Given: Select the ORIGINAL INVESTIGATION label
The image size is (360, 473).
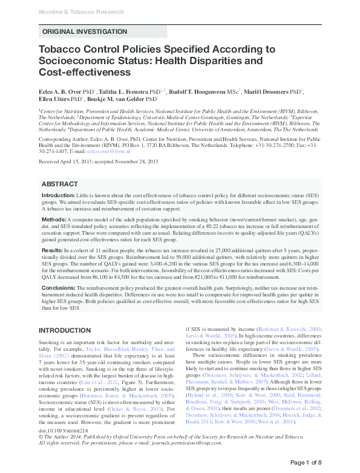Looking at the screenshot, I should click(84, 31).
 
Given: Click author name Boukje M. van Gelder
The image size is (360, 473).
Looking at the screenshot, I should click(117, 98).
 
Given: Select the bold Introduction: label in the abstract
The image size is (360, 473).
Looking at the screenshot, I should click(58, 196).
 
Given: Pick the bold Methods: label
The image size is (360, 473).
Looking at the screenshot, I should click(54, 218).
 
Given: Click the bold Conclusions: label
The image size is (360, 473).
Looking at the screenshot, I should click(59, 287).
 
